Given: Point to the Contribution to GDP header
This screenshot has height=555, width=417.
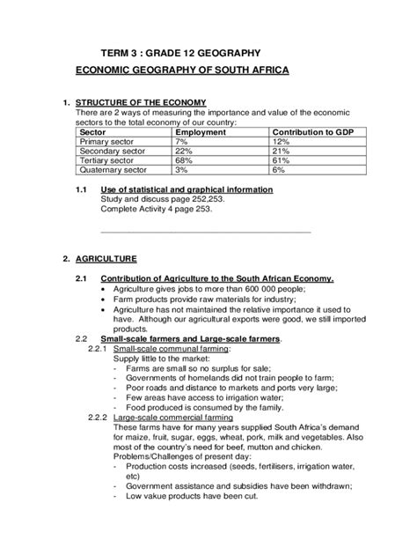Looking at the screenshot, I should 311,131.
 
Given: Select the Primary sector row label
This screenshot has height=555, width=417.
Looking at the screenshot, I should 108,141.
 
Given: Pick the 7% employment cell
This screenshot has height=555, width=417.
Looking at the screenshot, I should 183,141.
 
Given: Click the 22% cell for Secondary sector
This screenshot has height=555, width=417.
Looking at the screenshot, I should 185,151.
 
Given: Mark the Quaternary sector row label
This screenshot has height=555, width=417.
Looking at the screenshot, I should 113,169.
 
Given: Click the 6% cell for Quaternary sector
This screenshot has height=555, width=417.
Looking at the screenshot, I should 279,169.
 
